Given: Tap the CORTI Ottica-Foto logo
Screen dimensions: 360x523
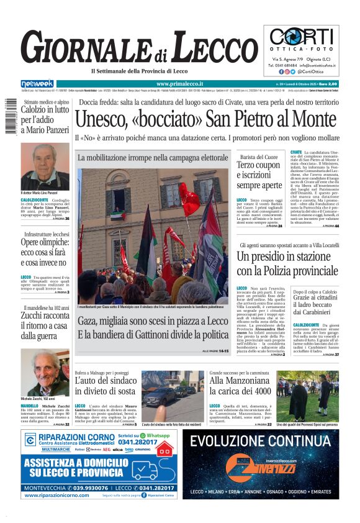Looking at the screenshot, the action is point(304,37).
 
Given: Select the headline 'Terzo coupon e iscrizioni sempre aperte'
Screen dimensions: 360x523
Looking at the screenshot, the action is point(259,175).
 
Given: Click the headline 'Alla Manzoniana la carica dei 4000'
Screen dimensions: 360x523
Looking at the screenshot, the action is point(240,385).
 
